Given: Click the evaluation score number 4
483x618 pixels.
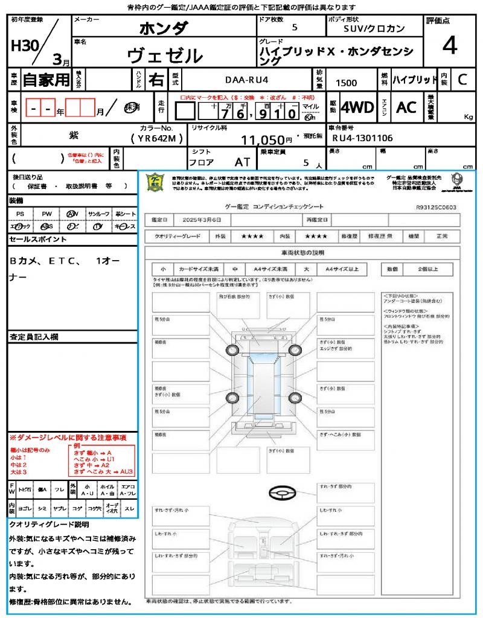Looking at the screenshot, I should point(449,45).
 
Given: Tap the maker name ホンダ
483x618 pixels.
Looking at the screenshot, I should point(164,28).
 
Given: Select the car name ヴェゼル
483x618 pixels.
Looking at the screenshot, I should point(165,56).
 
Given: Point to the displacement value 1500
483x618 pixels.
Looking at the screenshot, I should point(346,83).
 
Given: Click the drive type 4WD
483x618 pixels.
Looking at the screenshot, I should point(357,107).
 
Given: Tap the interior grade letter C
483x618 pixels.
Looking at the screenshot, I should point(462,79).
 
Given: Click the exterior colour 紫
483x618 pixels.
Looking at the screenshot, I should point(73,137).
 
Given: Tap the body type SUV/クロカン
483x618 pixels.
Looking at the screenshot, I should point(374,28).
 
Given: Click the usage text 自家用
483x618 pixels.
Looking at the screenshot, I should point(46,79).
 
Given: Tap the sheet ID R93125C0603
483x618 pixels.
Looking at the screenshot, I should point(436,207).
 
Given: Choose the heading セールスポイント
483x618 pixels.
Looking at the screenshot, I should point(38,240).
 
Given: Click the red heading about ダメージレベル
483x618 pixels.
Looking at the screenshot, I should point(68,437).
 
